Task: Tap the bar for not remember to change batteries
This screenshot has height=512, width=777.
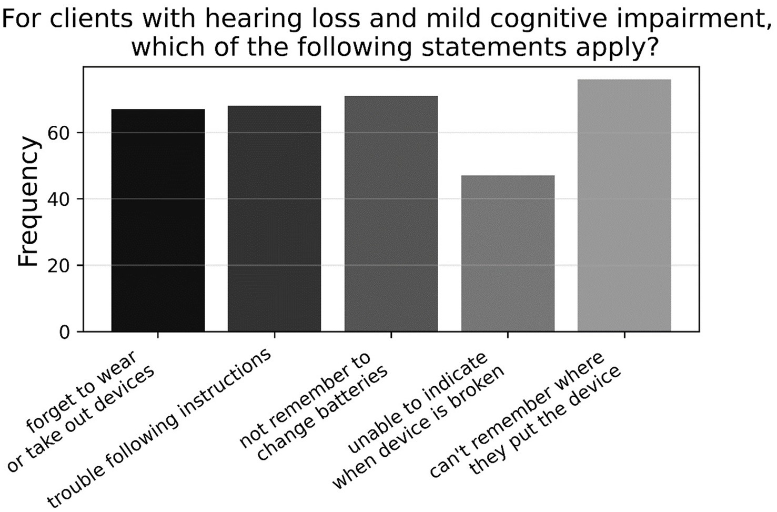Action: pyautogui.click(x=391, y=214)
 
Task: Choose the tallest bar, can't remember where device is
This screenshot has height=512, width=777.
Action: pyautogui.click(x=624, y=205)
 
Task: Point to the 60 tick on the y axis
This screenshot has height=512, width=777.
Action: pyautogui.click(x=58, y=133)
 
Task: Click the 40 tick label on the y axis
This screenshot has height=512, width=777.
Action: pyautogui.click(x=58, y=199)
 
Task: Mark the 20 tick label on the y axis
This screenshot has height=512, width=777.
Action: pyautogui.click(x=58, y=266)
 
